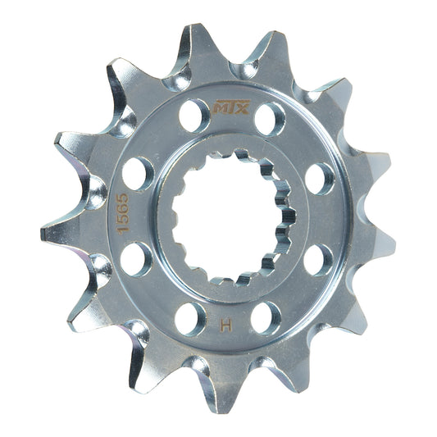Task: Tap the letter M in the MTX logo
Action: click(221, 107)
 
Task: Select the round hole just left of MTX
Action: click(194, 116)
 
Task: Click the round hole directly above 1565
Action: click(138, 174)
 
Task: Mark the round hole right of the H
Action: click(265, 317)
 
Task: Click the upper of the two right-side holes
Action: click(320, 179)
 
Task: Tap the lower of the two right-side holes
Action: click(318, 260)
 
